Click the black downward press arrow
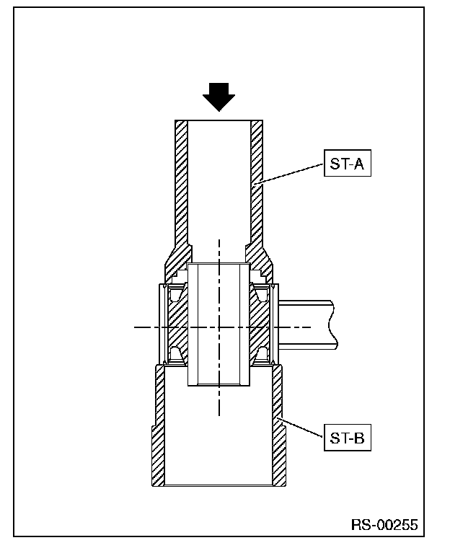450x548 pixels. click(x=219, y=97)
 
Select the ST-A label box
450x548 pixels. click(x=347, y=163)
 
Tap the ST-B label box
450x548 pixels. click(x=347, y=438)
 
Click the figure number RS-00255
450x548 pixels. click(x=384, y=525)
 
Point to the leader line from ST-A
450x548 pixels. click(x=291, y=173)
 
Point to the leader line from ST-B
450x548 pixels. click(x=300, y=427)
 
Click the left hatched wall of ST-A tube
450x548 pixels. click(x=181, y=195)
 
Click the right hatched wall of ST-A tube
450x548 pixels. click(x=257, y=195)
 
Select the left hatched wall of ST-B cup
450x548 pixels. click(x=159, y=425)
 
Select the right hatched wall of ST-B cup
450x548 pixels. click(x=278, y=425)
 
